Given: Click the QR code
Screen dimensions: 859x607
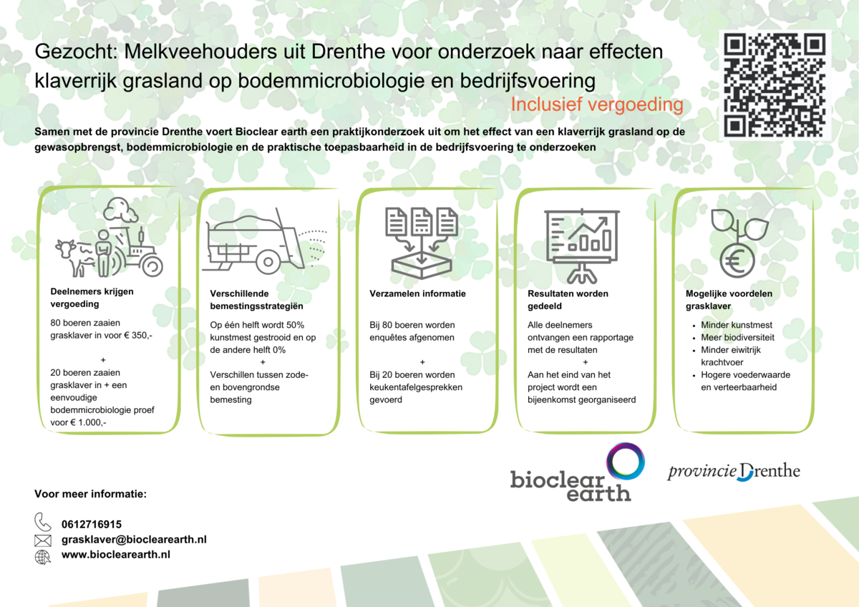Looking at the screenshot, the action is [775, 85].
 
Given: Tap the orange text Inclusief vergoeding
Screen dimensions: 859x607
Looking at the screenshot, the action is [597, 105].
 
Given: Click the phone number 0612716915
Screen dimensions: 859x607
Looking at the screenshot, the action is [92, 524].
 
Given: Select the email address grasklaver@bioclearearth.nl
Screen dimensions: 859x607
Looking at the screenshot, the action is [135, 540].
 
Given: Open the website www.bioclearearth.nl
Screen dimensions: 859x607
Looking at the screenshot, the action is [116, 555].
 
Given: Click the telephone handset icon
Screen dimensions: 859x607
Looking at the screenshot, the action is [42, 522].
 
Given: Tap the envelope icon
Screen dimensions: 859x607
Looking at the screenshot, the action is [42, 540].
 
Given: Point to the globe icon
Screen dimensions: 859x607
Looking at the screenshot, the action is [42, 557].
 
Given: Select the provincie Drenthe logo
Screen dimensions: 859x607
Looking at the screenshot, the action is [734, 471].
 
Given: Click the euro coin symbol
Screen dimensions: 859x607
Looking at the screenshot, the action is [737, 261].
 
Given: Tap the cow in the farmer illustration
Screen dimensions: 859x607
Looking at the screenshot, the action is [74, 257].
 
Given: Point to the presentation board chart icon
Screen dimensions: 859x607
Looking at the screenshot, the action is [582, 246].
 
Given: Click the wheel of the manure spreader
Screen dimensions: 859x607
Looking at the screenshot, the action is [268, 262].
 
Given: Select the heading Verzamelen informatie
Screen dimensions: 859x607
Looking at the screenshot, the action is [417, 293].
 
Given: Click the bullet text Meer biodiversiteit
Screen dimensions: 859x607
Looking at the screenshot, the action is [737, 337].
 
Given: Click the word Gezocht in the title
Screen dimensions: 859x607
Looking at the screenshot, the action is [76, 52].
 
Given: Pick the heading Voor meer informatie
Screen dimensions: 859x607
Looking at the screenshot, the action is [90, 494].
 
